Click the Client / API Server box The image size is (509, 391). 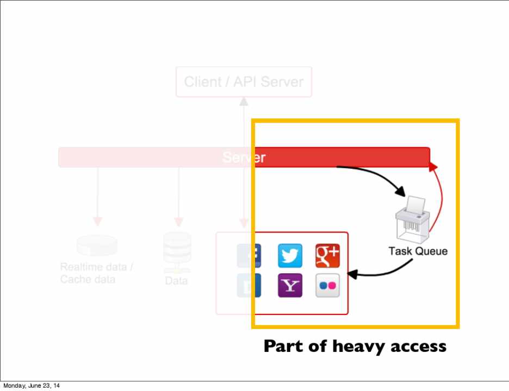(244, 82)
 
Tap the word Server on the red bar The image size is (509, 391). (244, 157)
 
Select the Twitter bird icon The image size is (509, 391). (290, 256)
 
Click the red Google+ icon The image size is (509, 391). (327, 256)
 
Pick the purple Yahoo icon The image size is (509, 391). (290, 285)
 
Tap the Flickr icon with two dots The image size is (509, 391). (327, 285)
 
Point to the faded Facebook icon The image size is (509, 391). (249, 256)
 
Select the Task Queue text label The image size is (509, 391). (418, 251)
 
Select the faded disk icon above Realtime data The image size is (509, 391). (97, 245)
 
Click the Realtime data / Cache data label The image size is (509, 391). (96, 273)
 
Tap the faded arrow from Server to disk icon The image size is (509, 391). (97, 195)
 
